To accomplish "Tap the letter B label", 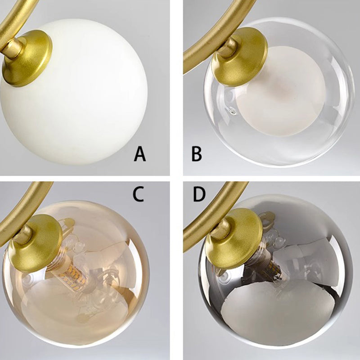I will pyautogui.click(x=197, y=154).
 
